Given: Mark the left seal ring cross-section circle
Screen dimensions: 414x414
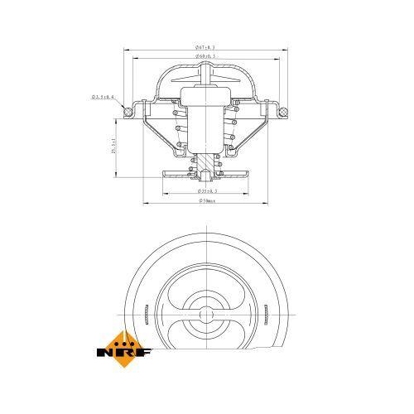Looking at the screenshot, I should (x=127, y=108).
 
